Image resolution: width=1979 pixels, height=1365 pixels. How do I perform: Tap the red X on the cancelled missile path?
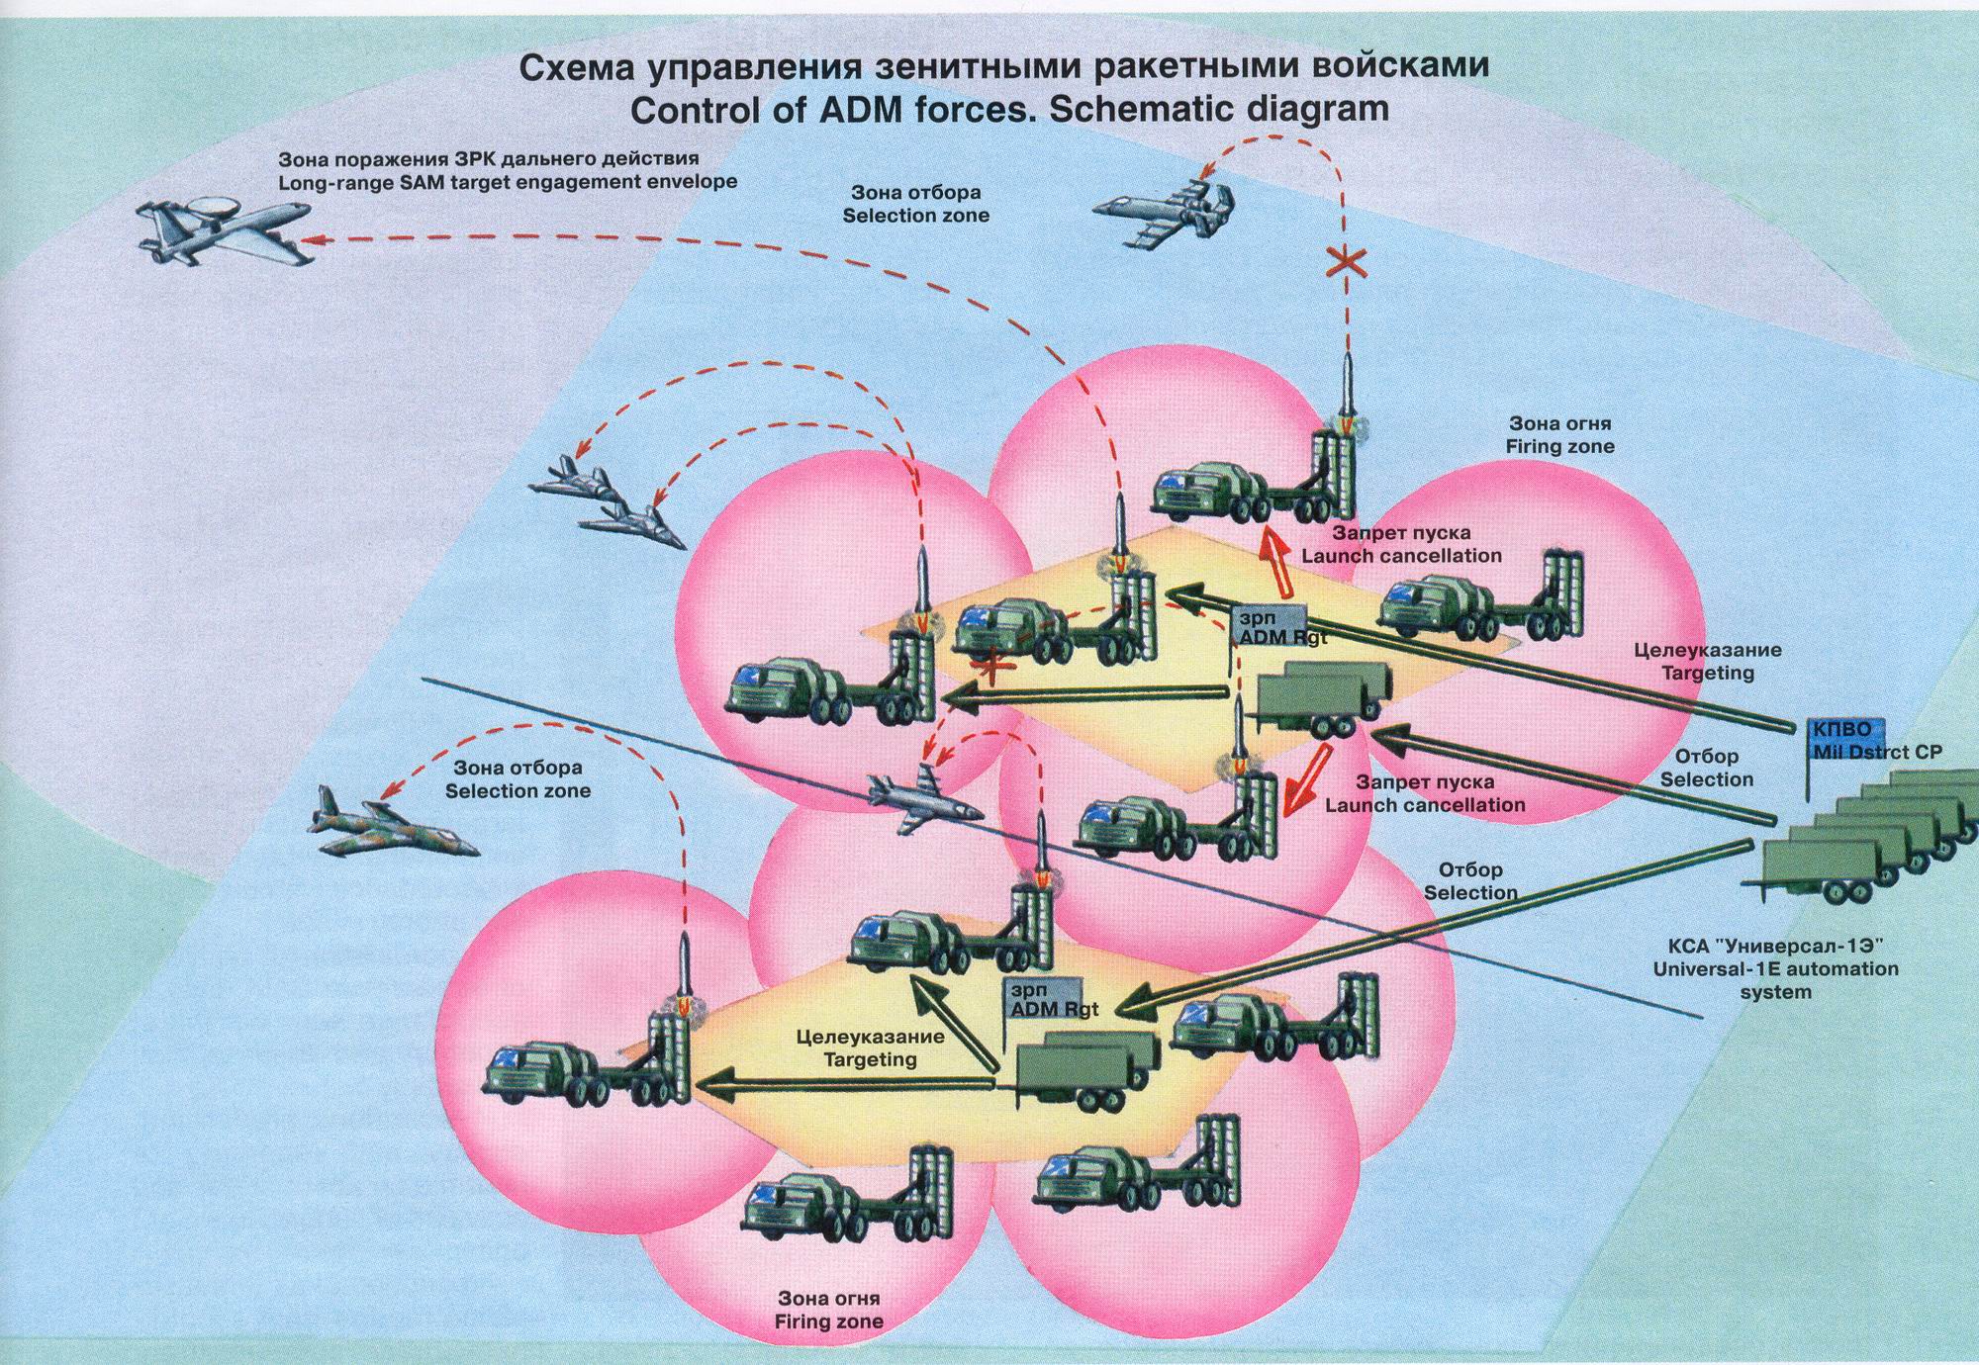coord(1347,262)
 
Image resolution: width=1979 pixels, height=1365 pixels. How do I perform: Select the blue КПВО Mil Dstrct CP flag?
coord(1842,730)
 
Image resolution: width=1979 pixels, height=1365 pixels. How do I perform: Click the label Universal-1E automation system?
coord(1775,969)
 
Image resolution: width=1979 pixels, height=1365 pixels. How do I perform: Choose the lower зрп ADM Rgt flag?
coord(1045,999)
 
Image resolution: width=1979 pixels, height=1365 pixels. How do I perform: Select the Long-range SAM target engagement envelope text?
coord(507,182)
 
